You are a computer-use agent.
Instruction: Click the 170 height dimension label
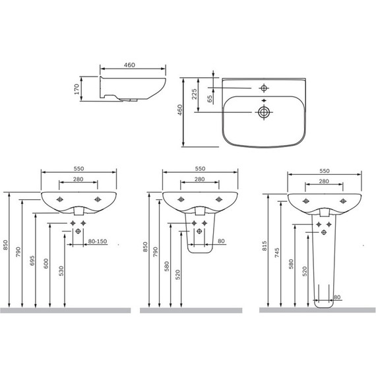tap(77, 89)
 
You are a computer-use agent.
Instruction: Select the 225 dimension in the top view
tap(194, 94)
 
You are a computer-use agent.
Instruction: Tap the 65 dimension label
tap(210, 99)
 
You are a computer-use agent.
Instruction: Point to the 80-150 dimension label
tap(98, 241)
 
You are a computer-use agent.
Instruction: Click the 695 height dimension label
tap(32, 261)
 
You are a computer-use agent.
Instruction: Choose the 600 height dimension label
tap(46, 264)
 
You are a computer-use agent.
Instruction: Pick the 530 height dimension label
tap(61, 271)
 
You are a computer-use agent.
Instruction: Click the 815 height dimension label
tap(265, 246)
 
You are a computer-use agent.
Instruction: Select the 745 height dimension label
tap(277, 253)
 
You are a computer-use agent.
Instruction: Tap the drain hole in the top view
tap(264, 112)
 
